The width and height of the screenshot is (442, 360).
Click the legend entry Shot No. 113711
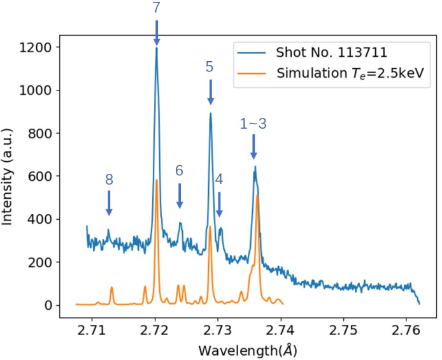pyautogui.click(x=331, y=52)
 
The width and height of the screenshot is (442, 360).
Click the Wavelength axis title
pyautogui.click(x=248, y=350)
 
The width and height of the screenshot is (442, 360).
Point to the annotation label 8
pyautogui.click(x=109, y=180)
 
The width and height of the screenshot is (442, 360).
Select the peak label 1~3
pyautogui.click(x=253, y=124)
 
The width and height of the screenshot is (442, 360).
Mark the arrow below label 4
pyautogui.click(x=219, y=205)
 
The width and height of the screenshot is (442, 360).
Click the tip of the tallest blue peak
pyautogui.click(x=157, y=48)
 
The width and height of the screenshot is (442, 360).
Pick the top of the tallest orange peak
pyautogui.click(x=156, y=180)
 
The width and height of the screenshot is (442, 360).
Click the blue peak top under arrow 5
pyautogui.click(x=210, y=113)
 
